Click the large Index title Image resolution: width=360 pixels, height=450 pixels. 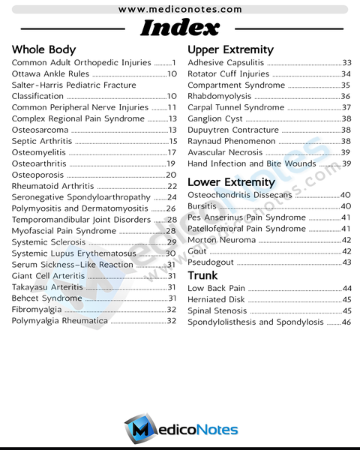[180, 28]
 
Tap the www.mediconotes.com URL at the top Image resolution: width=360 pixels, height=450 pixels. [180, 9]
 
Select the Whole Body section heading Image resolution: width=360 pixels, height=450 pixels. [43, 49]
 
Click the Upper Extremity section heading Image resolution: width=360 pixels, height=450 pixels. [230, 49]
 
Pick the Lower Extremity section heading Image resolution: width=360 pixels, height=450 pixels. [231, 182]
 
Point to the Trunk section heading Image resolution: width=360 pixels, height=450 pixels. [202, 275]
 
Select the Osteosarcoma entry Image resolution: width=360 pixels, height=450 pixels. [40, 130]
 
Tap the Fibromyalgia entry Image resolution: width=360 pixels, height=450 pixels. [41, 309]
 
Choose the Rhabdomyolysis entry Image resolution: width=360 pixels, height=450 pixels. [219, 96]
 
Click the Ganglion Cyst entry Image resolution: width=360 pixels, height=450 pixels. [214, 118]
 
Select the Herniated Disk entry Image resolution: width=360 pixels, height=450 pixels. [216, 299]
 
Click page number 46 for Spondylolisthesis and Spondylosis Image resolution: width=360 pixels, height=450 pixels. [346, 322]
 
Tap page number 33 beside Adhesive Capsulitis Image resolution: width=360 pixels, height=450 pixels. [346, 63]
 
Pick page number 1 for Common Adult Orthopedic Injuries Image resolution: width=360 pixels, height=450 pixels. [174, 63]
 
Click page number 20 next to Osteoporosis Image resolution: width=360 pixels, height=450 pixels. [171, 175]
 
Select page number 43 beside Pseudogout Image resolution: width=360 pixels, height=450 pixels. [346, 262]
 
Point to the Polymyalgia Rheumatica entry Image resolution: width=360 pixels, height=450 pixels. [60, 320]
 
